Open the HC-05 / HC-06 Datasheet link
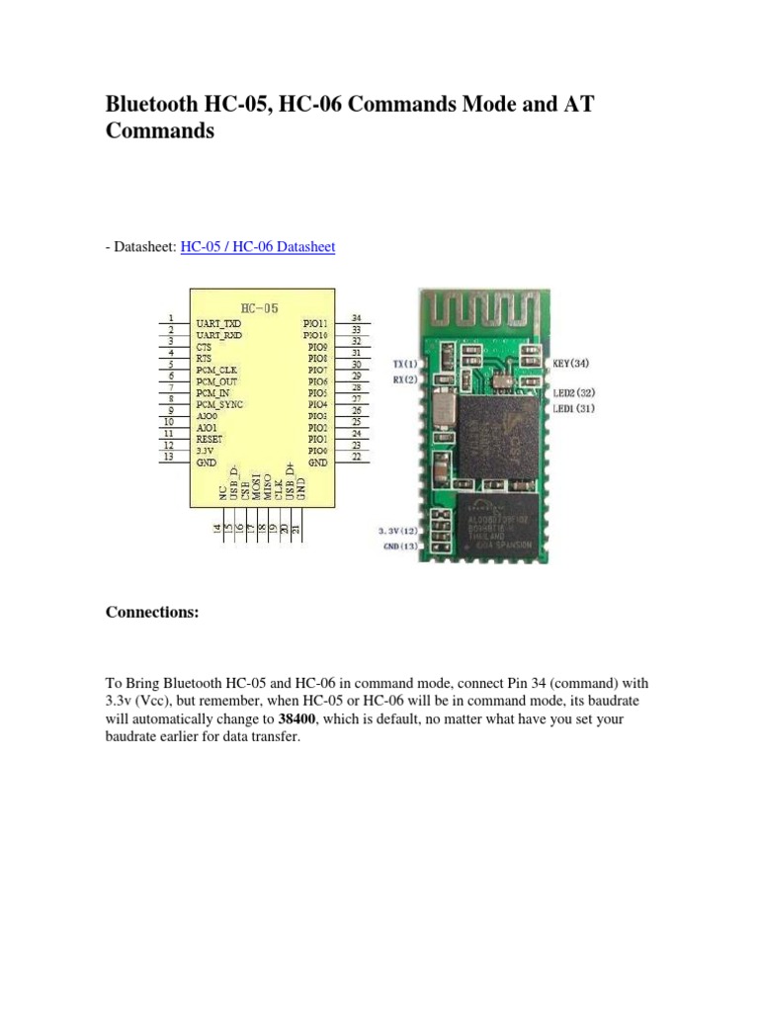click(x=257, y=246)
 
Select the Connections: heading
click(x=152, y=613)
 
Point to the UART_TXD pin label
click(x=218, y=323)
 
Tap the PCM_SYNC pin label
click(x=219, y=404)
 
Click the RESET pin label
click(x=211, y=438)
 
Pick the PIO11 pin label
click(x=316, y=323)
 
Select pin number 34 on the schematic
click(x=356, y=317)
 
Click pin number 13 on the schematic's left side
click(x=170, y=457)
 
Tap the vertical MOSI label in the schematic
click(x=256, y=487)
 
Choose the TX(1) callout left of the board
click(x=404, y=365)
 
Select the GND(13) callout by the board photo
click(x=400, y=547)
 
